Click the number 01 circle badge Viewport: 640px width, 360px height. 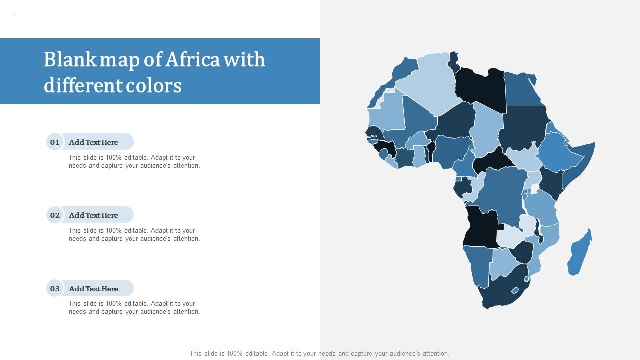point(54,142)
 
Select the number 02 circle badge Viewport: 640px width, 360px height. point(54,215)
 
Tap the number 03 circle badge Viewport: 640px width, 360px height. point(54,288)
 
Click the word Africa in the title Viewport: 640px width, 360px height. point(192,60)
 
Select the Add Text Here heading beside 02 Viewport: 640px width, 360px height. point(93,215)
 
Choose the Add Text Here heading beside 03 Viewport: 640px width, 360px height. point(93,288)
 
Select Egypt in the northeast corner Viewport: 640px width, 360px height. point(522,90)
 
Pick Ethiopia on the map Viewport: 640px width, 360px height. point(557,150)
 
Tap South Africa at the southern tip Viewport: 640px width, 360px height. point(500,292)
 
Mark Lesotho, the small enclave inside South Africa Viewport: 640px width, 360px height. point(515,290)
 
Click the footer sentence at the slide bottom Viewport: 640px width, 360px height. point(319,353)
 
